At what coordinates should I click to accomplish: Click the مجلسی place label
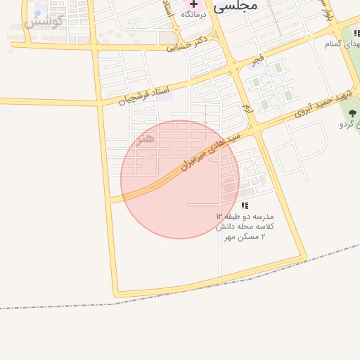[x=236, y=5]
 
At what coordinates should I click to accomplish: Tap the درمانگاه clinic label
[x=194, y=14]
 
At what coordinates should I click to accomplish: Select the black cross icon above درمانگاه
[x=193, y=4]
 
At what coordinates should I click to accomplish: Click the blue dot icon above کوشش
[x=37, y=13]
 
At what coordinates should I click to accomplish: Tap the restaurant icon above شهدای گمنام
[x=357, y=34]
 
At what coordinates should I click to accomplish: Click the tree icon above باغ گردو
[x=352, y=113]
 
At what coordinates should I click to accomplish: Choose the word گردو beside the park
[x=345, y=124]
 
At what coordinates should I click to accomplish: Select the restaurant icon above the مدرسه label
[x=245, y=205]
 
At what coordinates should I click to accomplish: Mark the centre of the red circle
[x=180, y=179]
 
